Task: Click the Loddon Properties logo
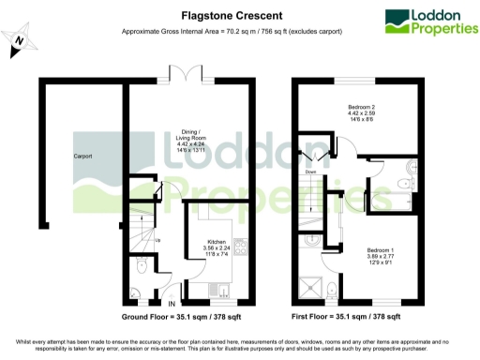tap(427, 22)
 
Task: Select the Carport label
tap(83, 156)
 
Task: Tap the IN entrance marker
tap(170, 304)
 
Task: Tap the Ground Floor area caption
tap(178, 318)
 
